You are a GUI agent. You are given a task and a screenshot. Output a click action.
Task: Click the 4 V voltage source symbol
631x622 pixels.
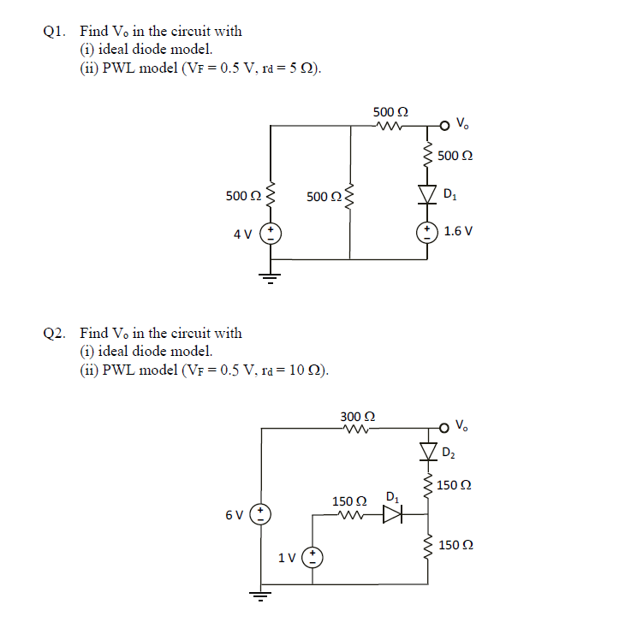pyautogui.click(x=270, y=234)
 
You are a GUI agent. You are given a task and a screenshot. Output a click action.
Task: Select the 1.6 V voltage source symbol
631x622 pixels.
pyautogui.click(x=426, y=232)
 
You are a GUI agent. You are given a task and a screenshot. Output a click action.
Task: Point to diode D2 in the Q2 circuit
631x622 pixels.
pyautogui.click(x=426, y=450)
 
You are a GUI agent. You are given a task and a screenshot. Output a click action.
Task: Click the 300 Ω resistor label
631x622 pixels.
pyautogui.click(x=357, y=417)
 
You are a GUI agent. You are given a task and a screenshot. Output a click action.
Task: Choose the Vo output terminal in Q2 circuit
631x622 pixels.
pyautogui.click(x=443, y=426)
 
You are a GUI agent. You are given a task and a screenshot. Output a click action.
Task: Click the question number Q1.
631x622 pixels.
pyautogui.click(x=52, y=32)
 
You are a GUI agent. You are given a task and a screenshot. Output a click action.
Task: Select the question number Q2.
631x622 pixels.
pyautogui.click(x=52, y=334)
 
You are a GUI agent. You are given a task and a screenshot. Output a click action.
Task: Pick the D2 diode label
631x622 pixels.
pyautogui.click(x=449, y=451)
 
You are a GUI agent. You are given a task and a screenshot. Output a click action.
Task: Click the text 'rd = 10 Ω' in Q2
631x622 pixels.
pyautogui.click(x=291, y=370)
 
